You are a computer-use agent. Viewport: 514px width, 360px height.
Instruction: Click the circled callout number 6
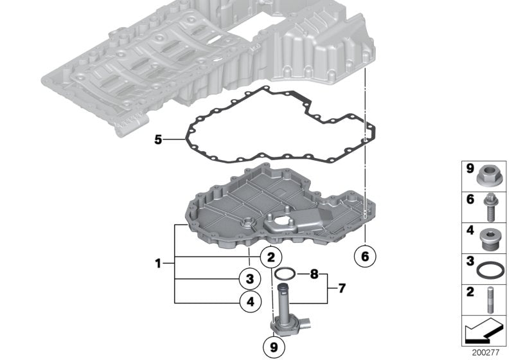point(365,256)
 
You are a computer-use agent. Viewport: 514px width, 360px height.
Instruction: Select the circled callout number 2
point(271,257)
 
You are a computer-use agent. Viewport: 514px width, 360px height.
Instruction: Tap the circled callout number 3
point(250,279)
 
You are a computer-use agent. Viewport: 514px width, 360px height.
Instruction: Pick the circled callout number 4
point(251,301)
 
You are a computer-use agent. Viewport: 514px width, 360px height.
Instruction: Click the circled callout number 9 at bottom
point(274,347)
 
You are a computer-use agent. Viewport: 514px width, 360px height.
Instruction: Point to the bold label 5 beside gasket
point(158,140)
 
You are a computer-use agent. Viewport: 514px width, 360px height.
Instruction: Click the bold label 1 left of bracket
point(158,264)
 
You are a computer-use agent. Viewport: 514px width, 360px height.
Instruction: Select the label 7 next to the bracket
point(342,289)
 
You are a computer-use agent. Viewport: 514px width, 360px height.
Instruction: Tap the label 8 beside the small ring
point(314,274)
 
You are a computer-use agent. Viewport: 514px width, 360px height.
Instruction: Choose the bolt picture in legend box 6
point(491,207)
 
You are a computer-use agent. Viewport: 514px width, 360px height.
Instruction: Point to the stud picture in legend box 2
point(490,300)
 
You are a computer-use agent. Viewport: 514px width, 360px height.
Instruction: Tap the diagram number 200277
point(486,353)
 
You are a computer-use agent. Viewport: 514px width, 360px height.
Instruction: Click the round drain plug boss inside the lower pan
point(247,224)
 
